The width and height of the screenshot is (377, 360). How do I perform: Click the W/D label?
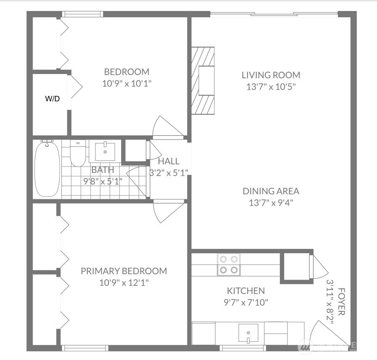point(53,99)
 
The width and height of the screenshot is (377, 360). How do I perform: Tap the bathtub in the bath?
point(47,169)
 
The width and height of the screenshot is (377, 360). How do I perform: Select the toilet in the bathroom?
point(78,153)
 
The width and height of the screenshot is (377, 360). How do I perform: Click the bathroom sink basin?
point(105,151)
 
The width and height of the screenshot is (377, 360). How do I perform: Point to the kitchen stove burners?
point(229,265)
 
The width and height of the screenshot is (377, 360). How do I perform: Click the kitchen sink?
point(248,333)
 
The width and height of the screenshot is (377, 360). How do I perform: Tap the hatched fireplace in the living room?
point(203,81)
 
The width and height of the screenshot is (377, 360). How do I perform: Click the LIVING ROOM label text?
point(271,75)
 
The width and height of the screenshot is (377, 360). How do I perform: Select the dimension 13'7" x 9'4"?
point(271,203)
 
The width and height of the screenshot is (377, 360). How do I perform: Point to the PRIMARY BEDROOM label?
point(124,271)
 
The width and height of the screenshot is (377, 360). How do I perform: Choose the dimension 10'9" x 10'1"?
point(127,84)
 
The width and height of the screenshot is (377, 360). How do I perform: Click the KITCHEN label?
point(246,291)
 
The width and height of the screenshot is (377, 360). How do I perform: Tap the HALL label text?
point(169,161)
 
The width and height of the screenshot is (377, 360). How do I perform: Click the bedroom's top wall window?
point(83,14)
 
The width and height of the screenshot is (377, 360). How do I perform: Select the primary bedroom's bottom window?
point(85,348)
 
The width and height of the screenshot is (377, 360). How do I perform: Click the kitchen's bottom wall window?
point(243,348)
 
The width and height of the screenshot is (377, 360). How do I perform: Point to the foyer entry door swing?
point(327,334)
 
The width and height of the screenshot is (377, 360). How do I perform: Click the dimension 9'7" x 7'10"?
point(246,302)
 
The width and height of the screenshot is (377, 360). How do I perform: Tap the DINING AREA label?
point(271,191)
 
